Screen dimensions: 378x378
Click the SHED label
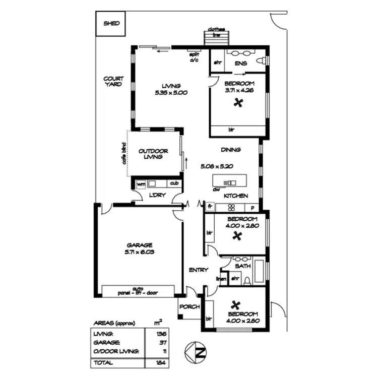tap(112, 23)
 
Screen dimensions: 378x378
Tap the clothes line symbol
tap(216, 38)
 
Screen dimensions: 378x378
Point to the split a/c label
tap(195, 56)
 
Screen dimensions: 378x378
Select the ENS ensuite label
tap(240, 63)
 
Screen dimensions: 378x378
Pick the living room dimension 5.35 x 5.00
tap(171, 93)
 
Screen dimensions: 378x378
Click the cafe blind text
tap(123, 154)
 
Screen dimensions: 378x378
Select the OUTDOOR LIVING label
tap(153, 154)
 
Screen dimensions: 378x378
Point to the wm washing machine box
tap(141, 184)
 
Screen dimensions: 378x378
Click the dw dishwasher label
tap(216, 190)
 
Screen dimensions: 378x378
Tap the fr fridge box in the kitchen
tap(210, 207)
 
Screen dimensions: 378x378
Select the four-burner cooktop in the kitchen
tap(232, 207)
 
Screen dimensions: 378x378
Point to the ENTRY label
tap(198, 270)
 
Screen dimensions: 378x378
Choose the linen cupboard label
tap(221, 279)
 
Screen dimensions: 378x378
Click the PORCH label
tap(189, 306)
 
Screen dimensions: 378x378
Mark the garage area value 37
tap(162, 342)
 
